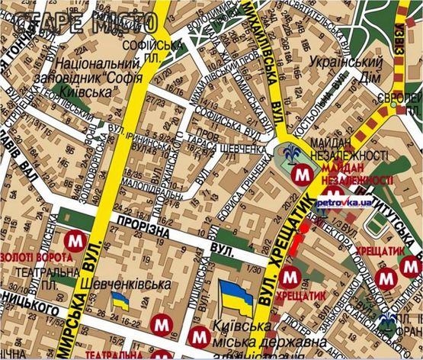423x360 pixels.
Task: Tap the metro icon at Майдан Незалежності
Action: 303,173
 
